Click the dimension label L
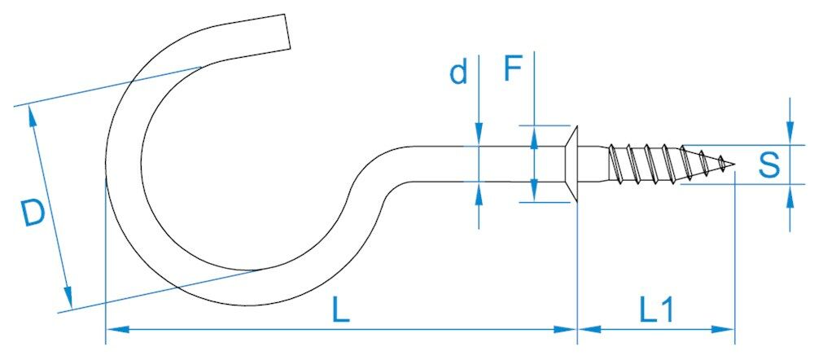pos(341,310)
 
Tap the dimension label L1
pos(655,310)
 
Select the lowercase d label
pos(459,73)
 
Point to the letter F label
pos(512,70)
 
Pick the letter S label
pos(768,166)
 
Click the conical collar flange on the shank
pos(571,165)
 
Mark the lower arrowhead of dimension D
pos(68,296)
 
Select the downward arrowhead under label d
pos(479,138)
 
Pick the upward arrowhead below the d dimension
pos(479,192)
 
